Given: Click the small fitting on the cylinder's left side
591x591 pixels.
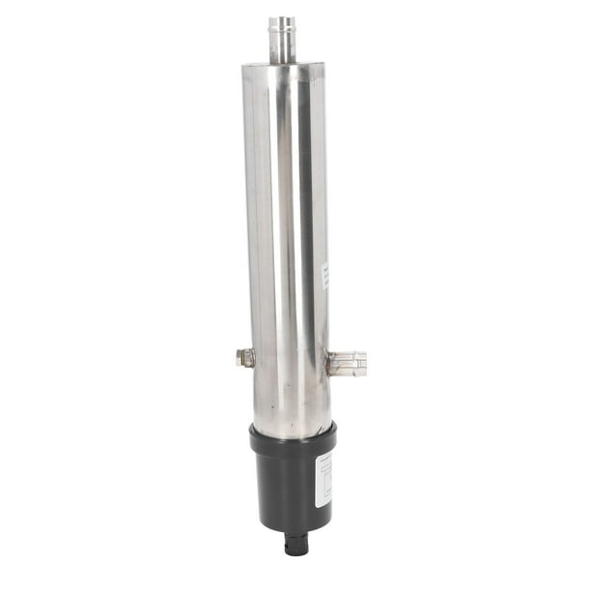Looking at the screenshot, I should click(245, 357).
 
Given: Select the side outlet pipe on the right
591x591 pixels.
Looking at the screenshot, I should click(348, 363).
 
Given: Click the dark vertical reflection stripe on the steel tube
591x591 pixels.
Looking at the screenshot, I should click(302, 241).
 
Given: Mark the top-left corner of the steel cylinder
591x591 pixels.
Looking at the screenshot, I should click(242, 69).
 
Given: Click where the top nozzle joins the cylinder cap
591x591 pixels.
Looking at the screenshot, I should click(282, 61).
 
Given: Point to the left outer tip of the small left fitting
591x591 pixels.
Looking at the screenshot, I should click(238, 357).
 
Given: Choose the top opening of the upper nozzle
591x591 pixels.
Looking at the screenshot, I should click(282, 18).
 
